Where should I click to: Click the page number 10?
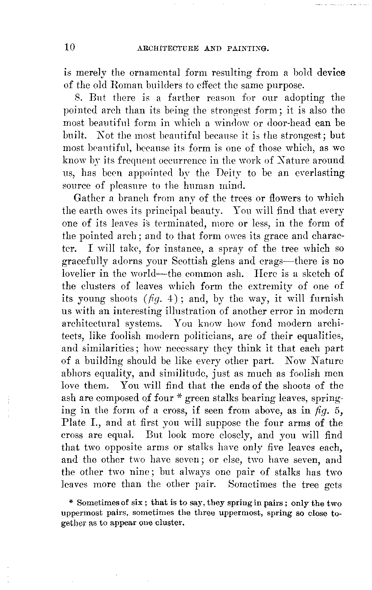click(70, 47)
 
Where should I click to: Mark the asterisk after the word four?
click(179, 398)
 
